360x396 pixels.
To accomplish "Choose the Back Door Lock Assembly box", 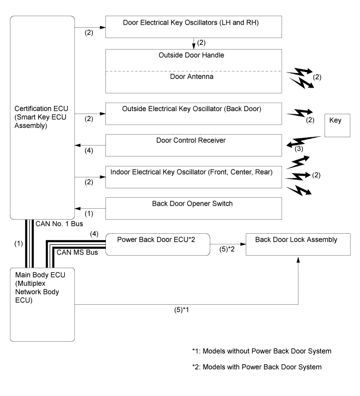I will click(x=298, y=244).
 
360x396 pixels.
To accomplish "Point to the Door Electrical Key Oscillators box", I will click(x=194, y=26).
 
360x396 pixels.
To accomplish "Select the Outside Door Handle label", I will click(x=194, y=54).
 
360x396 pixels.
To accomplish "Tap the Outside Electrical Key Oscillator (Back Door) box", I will click(x=194, y=113).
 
